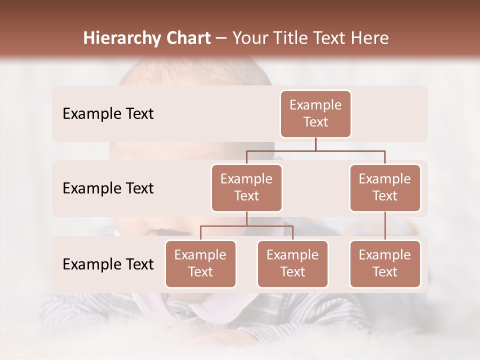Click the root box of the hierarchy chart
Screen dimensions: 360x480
tap(315, 113)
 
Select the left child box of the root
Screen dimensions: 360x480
tap(246, 187)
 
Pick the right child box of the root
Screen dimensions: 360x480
tap(385, 187)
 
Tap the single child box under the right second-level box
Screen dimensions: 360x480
tap(385, 263)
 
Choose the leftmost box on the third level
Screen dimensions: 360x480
tap(200, 263)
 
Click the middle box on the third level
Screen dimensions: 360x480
tap(292, 263)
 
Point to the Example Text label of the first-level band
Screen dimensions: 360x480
tap(108, 113)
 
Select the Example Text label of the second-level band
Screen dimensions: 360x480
tap(108, 188)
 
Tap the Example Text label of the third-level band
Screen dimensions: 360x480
tap(108, 264)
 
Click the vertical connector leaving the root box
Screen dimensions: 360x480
tap(315, 144)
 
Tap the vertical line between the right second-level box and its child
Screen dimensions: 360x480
tap(385, 225)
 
